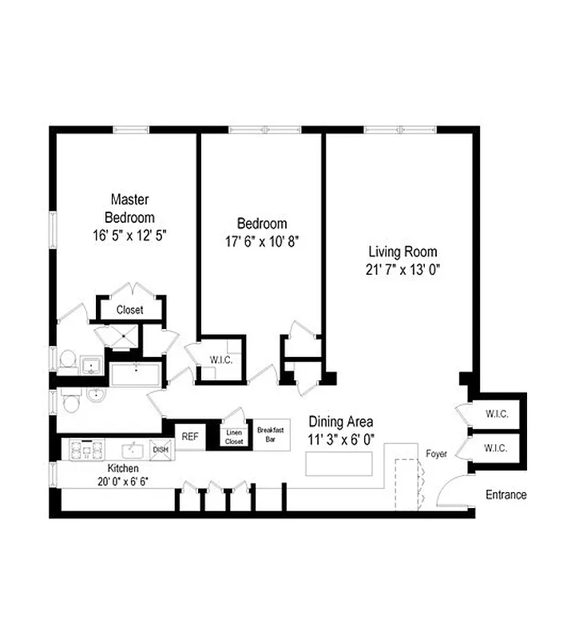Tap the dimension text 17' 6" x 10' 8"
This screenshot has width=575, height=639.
coord(261,240)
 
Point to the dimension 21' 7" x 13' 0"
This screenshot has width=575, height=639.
coord(399,269)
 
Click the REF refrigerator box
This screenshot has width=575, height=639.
coord(189,436)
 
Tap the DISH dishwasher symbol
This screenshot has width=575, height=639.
coord(160,450)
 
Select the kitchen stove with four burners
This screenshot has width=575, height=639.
coord(83,450)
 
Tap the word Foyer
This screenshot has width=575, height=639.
coord(436,454)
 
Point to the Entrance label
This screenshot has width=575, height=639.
coord(506,494)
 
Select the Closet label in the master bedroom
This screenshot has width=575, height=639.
coord(129,310)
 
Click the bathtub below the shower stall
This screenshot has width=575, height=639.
coord(137,374)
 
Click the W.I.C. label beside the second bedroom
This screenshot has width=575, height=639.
coord(221,360)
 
